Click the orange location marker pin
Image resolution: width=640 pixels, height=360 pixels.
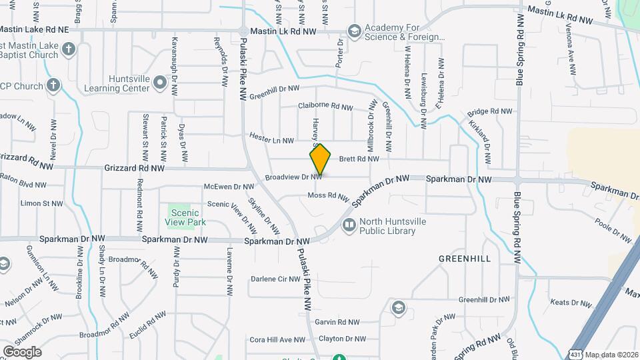point(320,160)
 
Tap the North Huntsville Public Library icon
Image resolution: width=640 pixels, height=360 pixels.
point(348,226)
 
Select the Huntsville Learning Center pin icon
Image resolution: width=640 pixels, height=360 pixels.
point(159,83)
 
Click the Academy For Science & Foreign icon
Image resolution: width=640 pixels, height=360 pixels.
point(354,31)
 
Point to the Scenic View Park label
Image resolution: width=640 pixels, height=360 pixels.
point(186,217)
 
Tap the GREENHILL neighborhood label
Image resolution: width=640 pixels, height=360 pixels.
point(465,258)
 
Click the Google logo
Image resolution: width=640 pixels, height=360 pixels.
point(22,351)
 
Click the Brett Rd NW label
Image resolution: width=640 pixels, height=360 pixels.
point(359,159)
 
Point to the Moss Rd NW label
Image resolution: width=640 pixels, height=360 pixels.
point(328,196)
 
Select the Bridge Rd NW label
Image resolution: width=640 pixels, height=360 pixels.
point(489,112)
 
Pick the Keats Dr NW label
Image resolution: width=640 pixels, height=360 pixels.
point(571,303)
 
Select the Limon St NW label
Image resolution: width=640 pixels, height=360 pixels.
point(41,203)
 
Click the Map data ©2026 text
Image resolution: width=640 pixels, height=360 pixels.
point(611,354)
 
